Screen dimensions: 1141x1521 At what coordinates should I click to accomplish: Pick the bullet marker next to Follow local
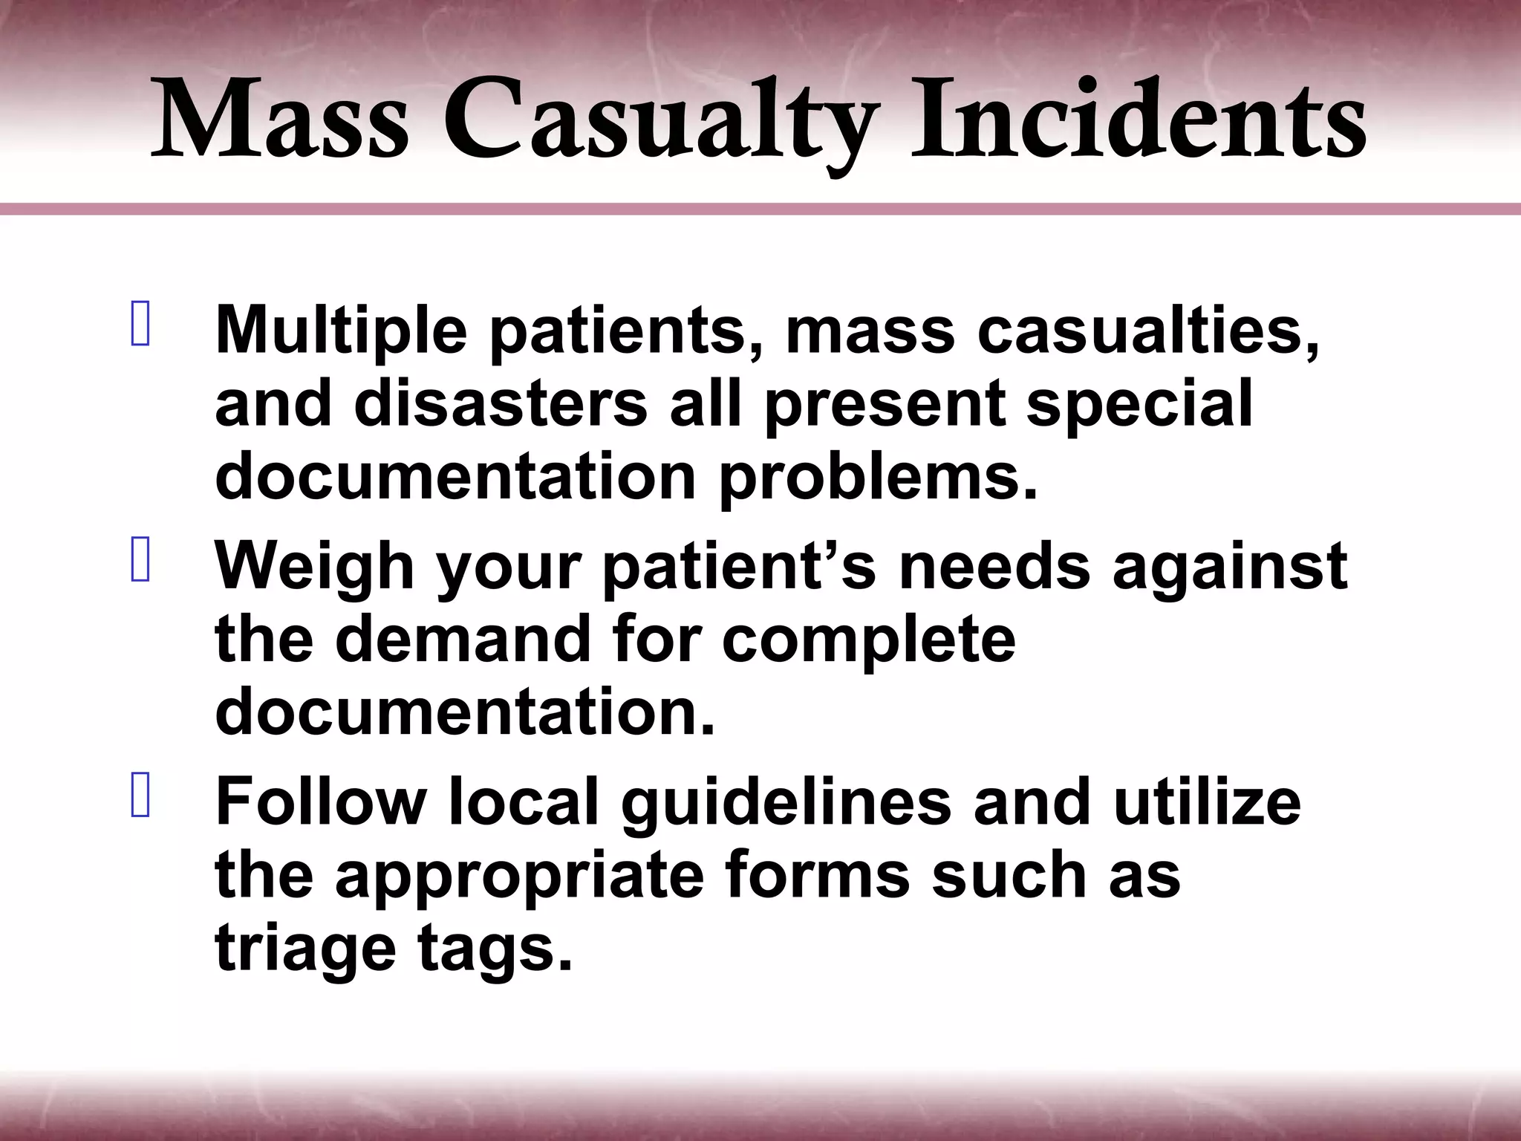[140, 795]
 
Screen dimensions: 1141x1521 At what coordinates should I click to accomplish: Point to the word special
[1139, 405]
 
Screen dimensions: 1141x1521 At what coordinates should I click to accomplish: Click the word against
[1230, 568]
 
